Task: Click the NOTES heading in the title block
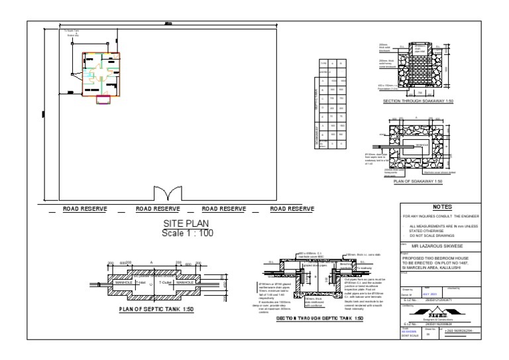coord(441,206)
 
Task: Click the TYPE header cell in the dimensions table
coord(323,63)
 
